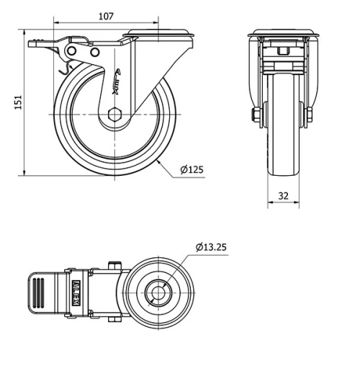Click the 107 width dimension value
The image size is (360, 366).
105,15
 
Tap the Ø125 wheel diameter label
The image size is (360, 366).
192,169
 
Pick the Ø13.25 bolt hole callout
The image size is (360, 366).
210,247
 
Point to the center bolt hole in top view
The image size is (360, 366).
157,293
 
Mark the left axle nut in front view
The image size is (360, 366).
256,115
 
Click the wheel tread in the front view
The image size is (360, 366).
283,144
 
